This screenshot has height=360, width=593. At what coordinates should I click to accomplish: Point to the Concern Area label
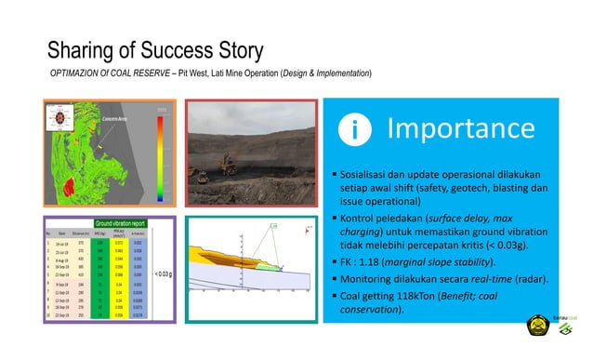tap(116, 119)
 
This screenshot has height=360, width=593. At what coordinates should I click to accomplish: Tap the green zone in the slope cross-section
tap(267, 268)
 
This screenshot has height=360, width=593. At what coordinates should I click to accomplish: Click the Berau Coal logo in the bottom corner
tap(569, 336)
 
